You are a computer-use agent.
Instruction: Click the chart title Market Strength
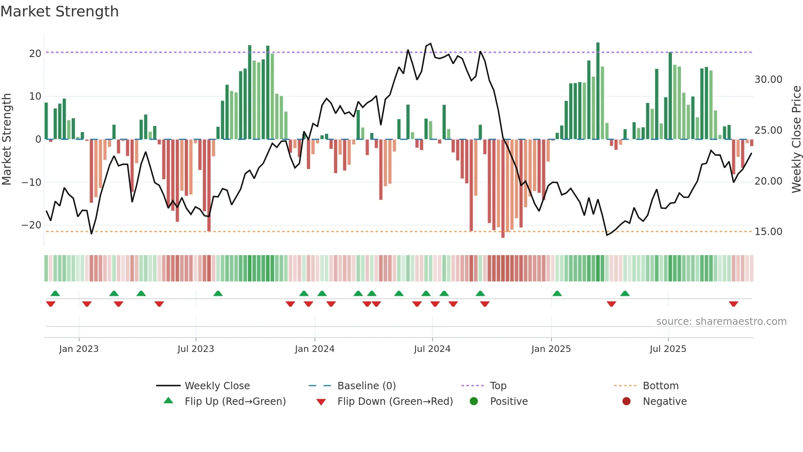tap(59, 11)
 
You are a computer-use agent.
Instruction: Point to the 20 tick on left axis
tap(35, 54)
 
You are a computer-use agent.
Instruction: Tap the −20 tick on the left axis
tap(32, 225)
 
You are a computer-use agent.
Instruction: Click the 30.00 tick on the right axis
tap(768, 80)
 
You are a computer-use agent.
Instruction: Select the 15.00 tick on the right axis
tap(768, 232)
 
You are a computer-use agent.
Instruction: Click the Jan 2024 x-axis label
tap(314, 349)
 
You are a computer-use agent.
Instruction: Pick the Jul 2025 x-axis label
tap(667, 349)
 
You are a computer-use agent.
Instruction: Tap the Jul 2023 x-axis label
tap(195, 349)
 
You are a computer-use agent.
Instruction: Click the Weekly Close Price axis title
tap(796, 139)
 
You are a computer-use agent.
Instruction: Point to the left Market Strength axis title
tap(7, 139)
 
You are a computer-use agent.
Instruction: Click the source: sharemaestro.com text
tap(721, 322)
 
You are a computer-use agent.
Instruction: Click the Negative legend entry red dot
tap(626, 402)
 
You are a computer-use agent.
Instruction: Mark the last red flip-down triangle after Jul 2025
tap(733, 304)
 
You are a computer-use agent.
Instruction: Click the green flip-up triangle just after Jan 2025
tap(557, 293)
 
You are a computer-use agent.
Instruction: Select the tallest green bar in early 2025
tap(598, 90)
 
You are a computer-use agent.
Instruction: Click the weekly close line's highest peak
tap(430, 44)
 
